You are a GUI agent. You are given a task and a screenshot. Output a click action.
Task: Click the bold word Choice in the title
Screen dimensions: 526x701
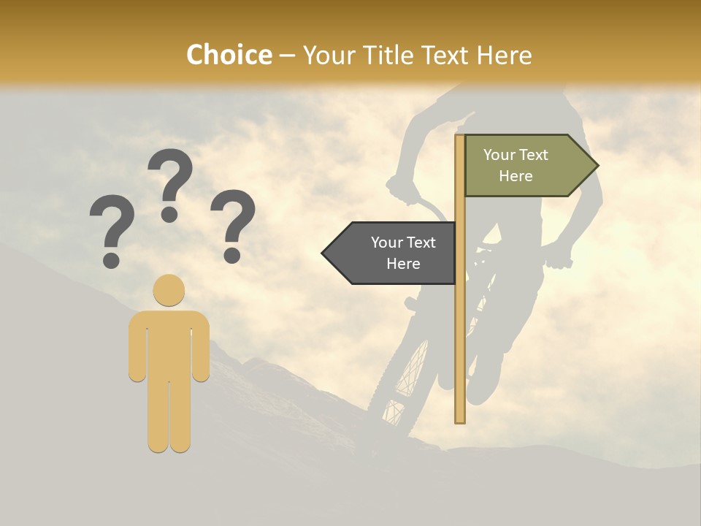[229, 55]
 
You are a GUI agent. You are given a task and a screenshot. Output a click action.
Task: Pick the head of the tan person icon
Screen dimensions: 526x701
[169, 290]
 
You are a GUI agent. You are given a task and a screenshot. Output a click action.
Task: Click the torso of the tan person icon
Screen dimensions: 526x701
[169, 343]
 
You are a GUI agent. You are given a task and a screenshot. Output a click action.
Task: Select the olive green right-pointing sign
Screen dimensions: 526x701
[522, 166]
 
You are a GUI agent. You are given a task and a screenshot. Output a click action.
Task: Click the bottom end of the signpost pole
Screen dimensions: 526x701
[460, 419]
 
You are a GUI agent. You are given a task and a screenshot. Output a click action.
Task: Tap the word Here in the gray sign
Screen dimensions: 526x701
[403, 264]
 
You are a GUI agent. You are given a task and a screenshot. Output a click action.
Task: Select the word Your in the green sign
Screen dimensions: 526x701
[500, 155]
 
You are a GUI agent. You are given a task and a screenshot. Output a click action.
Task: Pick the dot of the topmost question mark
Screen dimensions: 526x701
[170, 214]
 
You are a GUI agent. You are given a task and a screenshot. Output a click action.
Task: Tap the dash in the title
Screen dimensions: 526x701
[287, 56]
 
